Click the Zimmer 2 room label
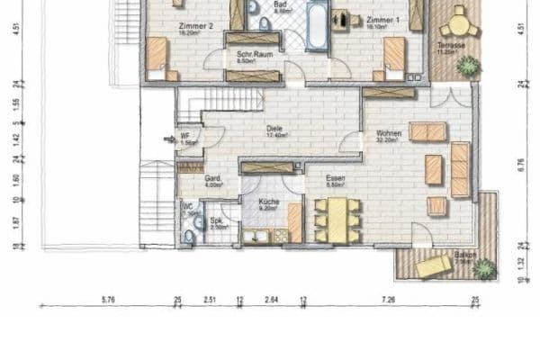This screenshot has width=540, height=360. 196,27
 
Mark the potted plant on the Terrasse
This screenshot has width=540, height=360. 468,65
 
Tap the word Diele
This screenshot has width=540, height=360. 274,129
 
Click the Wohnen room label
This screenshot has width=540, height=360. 389,134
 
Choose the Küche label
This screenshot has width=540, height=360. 268,202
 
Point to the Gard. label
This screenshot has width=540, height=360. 212,178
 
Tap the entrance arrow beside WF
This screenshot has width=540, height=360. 168,139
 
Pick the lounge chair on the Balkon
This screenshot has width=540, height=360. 434,265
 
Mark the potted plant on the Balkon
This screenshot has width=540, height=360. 483,267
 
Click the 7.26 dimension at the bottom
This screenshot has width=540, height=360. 388,299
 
